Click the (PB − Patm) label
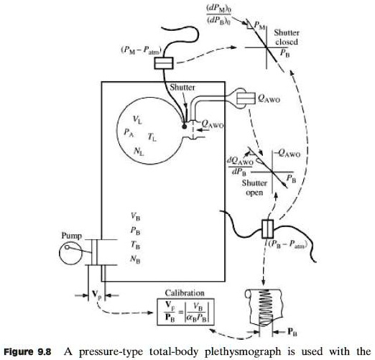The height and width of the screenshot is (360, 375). (295, 242)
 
